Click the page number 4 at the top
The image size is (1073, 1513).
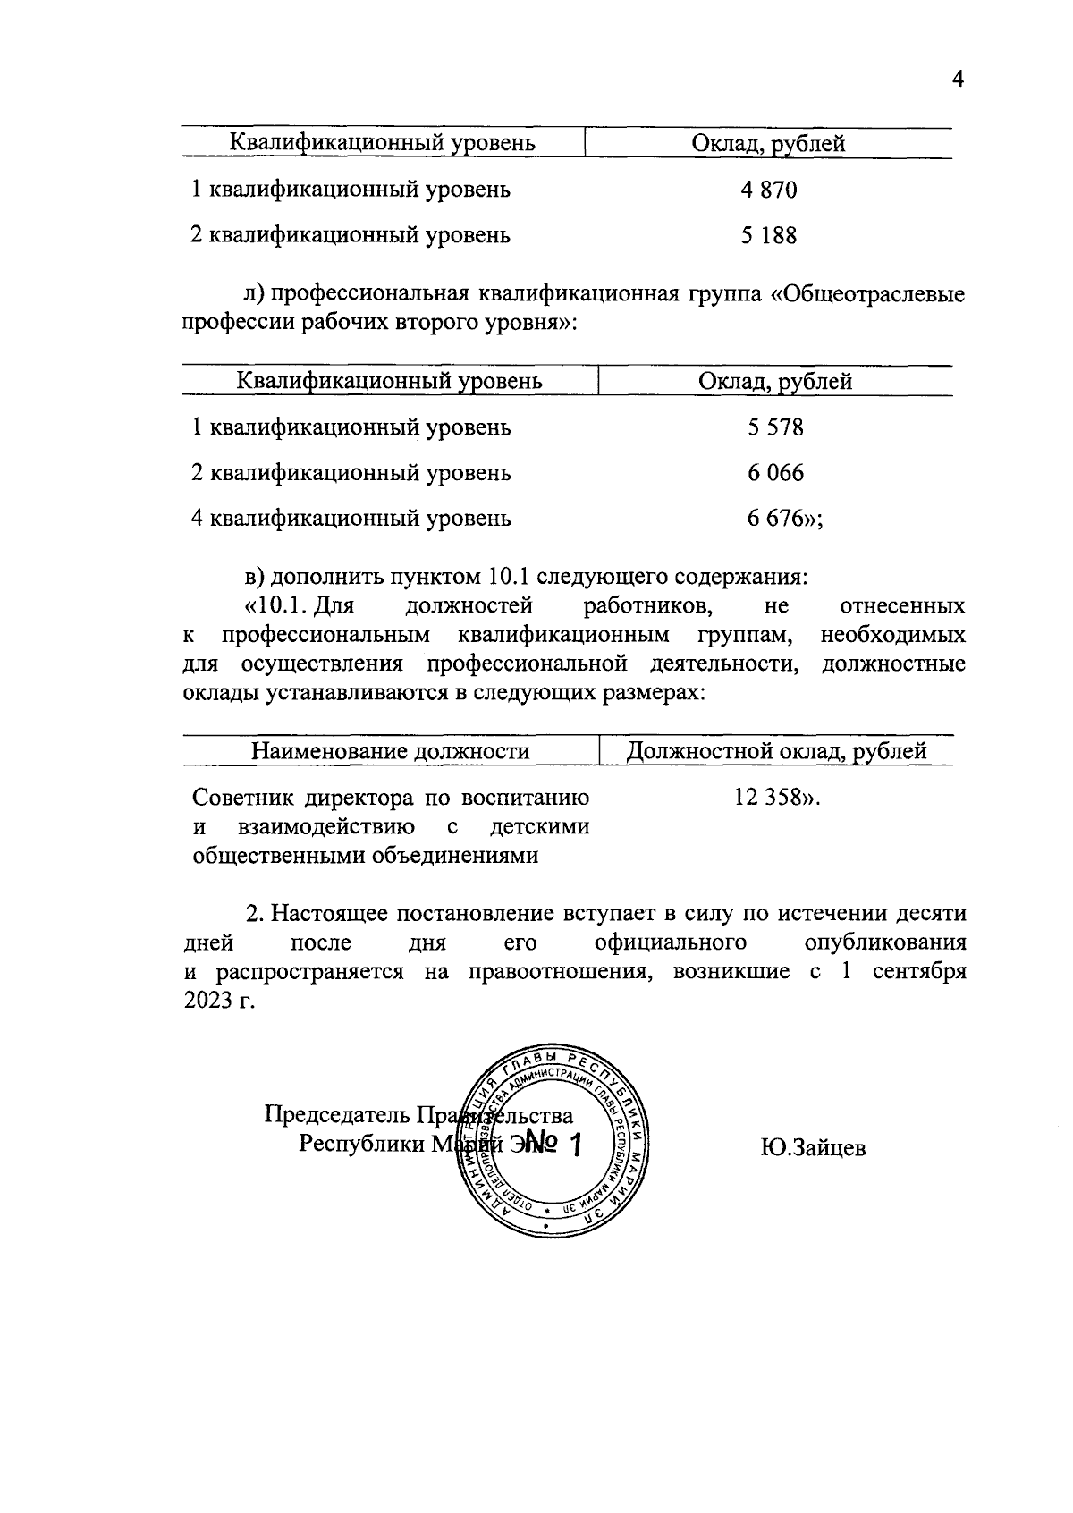tap(958, 80)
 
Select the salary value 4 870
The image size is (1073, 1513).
tap(768, 190)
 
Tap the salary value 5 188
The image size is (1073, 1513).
tap(768, 235)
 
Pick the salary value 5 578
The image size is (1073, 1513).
tap(775, 427)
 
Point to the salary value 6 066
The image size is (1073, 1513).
tap(775, 473)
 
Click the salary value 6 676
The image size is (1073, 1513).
tap(773, 519)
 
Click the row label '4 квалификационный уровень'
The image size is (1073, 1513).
tap(351, 519)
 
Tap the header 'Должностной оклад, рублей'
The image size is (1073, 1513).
tap(776, 751)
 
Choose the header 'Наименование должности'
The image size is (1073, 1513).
tap(390, 751)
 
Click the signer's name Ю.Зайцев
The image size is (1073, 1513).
tap(813, 1148)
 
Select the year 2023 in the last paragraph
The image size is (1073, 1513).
tap(207, 1001)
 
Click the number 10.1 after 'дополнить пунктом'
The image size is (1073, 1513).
tap(511, 577)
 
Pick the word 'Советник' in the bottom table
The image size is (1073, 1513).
tap(244, 798)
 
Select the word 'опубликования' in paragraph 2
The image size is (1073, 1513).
tap(884, 943)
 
